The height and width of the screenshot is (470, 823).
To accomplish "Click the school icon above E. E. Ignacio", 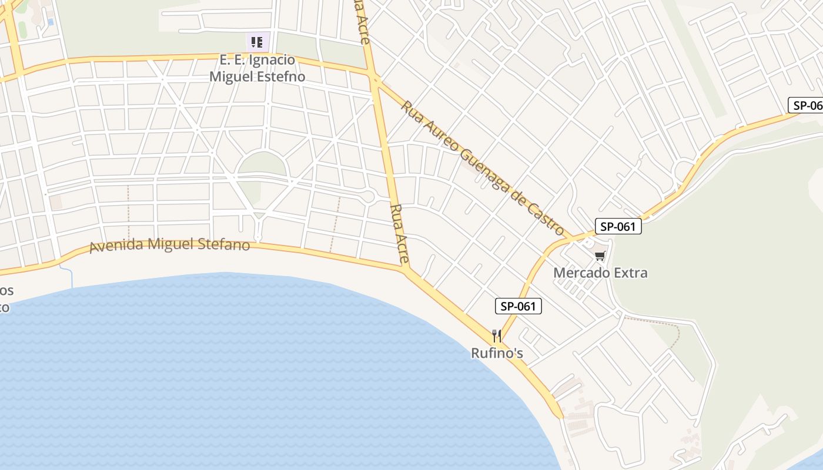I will tap(257, 42).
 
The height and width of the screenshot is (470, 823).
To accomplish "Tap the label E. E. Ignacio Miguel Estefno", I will tap(257, 68).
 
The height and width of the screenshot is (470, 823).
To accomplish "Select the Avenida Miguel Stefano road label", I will tap(169, 245).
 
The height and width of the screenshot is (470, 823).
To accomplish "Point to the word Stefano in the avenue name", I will tap(223, 245).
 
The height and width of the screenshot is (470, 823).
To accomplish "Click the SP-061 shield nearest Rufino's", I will tap(518, 306).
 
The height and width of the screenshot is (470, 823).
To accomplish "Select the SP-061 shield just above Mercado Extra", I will tap(618, 226).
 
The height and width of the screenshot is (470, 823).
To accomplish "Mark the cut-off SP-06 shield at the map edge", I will tap(805, 105).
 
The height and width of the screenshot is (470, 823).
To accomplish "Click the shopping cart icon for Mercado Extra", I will tap(600, 256).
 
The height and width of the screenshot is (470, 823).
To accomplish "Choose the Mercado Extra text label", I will tap(600, 273).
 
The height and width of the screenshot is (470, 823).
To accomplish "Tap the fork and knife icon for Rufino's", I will tap(497, 336).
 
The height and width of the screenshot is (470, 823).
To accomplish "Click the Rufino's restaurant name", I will tap(497, 353).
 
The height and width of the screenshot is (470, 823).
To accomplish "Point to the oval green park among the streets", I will tap(262, 164).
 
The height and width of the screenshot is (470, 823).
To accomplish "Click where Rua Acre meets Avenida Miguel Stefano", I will tap(406, 269).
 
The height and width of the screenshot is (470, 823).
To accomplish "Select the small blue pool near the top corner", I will tap(50, 22).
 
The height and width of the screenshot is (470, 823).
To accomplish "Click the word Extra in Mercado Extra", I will tap(630, 273).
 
